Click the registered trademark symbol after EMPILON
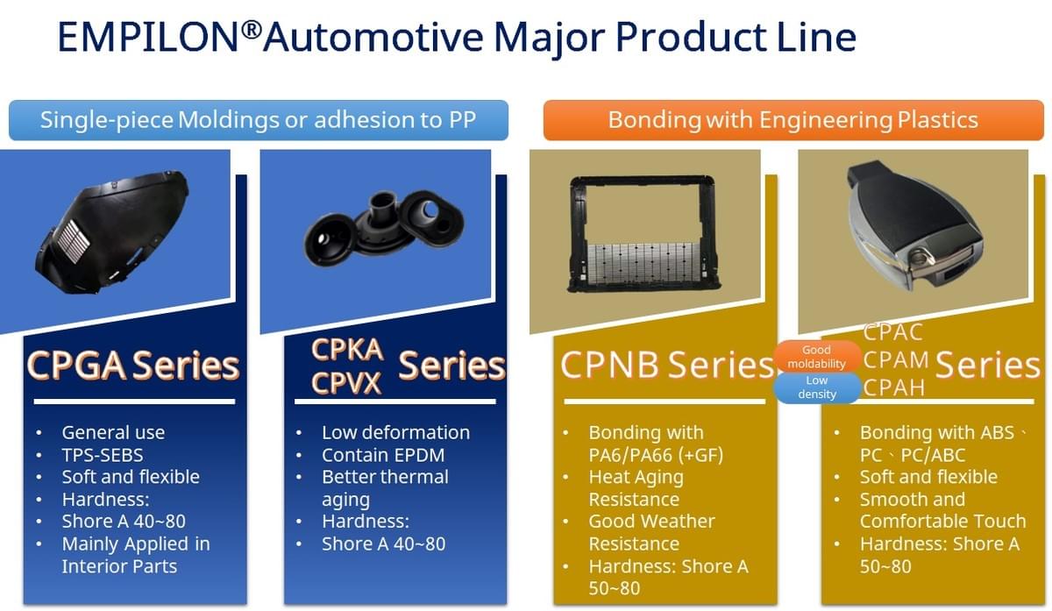(252, 29)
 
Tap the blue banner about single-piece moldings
(259, 120)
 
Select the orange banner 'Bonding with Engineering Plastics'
(793, 120)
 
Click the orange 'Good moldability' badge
(817, 357)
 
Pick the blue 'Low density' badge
(817, 387)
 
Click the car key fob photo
(916, 224)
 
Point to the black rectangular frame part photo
(643, 234)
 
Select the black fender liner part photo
(112, 232)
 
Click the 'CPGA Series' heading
(133, 366)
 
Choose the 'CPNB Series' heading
(666, 365)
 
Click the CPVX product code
(345, 383)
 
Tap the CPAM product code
(896, 360)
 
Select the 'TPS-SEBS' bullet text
(103, 455)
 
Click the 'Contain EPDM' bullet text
(383, 455)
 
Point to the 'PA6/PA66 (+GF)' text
(656, 455)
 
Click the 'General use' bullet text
(113, 432)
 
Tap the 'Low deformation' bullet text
(395, 432)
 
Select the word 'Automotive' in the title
(373, 37)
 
